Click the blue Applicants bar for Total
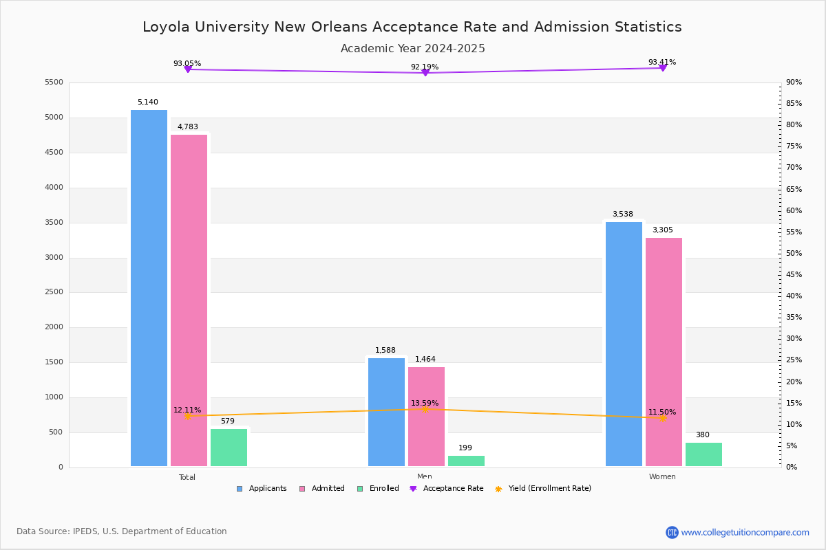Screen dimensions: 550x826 [x=149, y=289]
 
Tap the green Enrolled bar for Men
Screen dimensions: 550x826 [x=466, y=461]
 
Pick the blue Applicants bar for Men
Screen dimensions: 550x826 [x=386, y=412]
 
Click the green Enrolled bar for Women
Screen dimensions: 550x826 [x=703, y=454]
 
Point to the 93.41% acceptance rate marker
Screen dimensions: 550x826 [x=663, y=67]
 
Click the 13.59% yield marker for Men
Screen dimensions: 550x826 [x=425, y=409]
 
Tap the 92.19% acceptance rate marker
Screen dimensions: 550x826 [x=425, y=72]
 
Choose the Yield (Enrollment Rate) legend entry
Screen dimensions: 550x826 [x=549, y=489]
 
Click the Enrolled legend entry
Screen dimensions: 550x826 [x=383, y=489]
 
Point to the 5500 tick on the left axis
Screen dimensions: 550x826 [x=54, y=82]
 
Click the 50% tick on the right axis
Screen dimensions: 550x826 [x=794, y=254]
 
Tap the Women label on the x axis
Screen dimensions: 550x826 [x=662, y=477]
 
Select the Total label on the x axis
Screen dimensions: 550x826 [x=187, y=477]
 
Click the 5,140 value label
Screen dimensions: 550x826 [x=148, y=102]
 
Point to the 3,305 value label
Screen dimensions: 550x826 [x=663, y=230]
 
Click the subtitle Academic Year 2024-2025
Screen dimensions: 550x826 [x=413, y=49]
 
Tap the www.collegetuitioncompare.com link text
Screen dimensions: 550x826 [x=745, y=532]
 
